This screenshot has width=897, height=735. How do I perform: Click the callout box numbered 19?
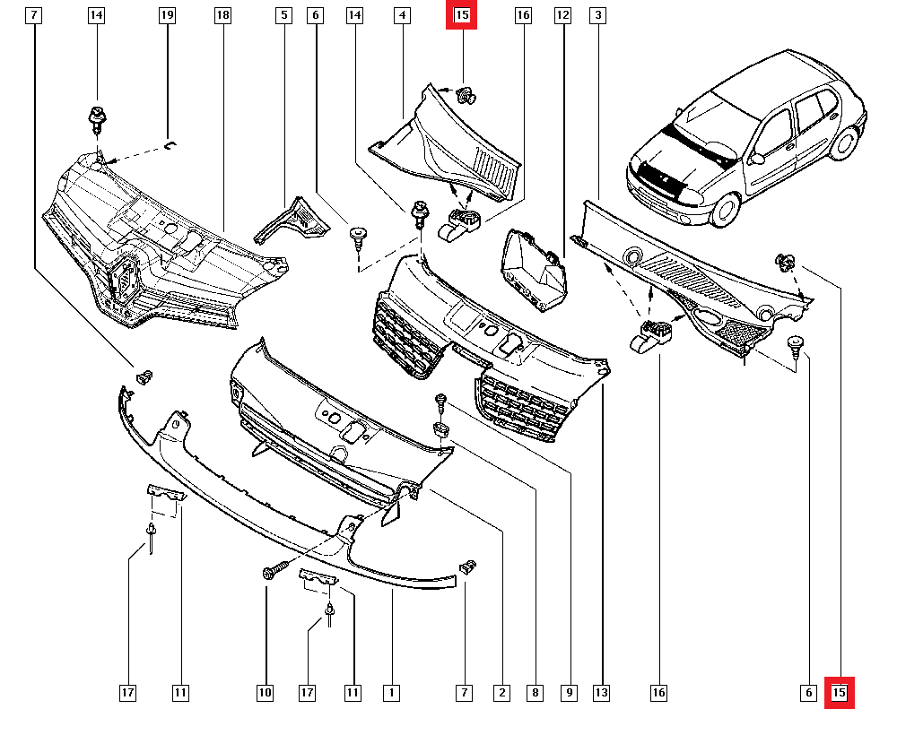[x=167, y=15]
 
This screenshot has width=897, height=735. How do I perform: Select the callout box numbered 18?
[x=222, y=15]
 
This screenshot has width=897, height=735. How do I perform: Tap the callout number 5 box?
[x=283, y=15]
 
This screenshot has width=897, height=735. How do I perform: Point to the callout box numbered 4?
[x=402, y=15]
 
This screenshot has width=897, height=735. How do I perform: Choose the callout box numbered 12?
[x=563, y=15]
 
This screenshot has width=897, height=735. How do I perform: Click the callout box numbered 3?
[x=597, y=15]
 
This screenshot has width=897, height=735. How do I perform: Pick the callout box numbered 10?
[x=265, y=693]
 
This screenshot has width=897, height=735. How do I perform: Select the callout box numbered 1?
[x=391, y=693]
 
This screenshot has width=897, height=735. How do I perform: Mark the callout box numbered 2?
[x=501, y=693]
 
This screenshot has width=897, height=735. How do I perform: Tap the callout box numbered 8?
[x=535, y=693]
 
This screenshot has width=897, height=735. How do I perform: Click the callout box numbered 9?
[x=570, y=693]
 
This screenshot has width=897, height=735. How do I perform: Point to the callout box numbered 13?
[x=601, y=693]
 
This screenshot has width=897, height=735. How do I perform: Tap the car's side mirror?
[x=757, y=158]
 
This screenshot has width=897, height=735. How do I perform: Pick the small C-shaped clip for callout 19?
[x=170, y=145]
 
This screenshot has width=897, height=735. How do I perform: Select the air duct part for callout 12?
[x=535, y=270]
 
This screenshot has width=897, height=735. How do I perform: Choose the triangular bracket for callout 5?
[x=293, y=220]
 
